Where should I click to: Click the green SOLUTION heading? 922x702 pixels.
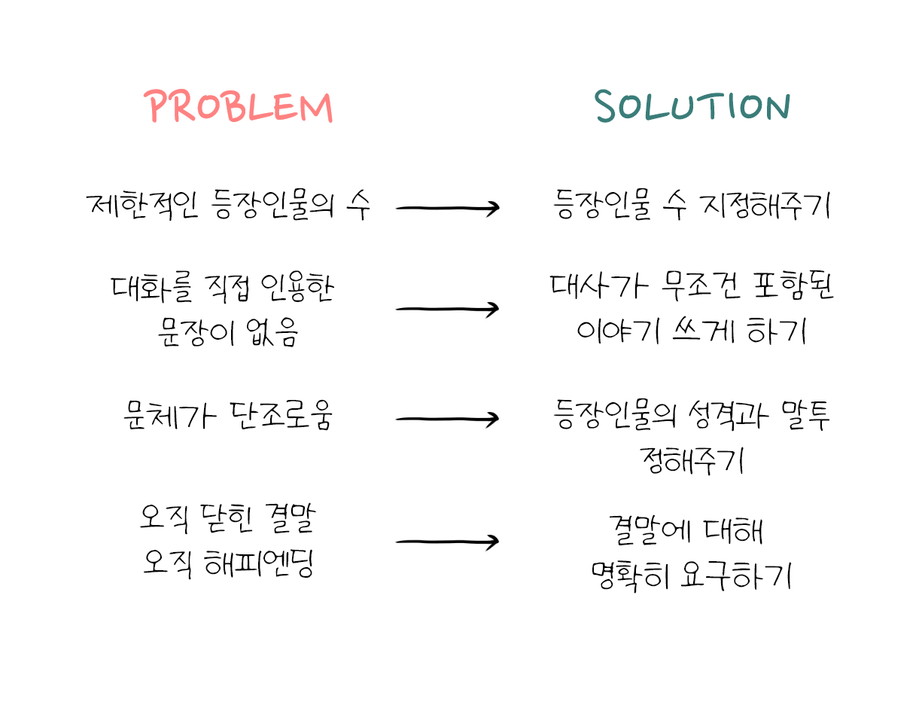[x=692, y=108]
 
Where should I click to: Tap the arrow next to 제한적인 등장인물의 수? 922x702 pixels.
[x=448, y=209]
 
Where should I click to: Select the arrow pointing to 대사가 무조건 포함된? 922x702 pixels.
[x=448, y=309]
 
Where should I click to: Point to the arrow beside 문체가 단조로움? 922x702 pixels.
[x=448, y=419]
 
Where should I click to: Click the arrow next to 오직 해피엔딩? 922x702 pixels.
[x=448, y=542]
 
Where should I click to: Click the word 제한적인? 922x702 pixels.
[x=142, y=206]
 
